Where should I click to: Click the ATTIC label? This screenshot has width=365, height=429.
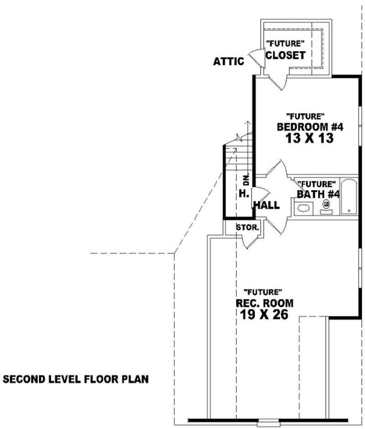[229, 61]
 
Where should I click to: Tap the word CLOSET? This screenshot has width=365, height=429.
[285, 55]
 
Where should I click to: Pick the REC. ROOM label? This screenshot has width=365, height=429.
[264, 303]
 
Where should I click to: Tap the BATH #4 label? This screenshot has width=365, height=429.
[318, 194]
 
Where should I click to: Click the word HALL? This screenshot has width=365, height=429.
[266, 206]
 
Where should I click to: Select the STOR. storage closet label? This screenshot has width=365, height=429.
[247, 227]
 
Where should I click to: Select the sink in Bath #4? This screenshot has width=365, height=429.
[303, 208]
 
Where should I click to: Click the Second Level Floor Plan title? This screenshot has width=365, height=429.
[76, 379]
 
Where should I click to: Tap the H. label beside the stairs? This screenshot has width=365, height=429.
[243, 194]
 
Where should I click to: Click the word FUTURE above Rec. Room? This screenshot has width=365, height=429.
[263, 291]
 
